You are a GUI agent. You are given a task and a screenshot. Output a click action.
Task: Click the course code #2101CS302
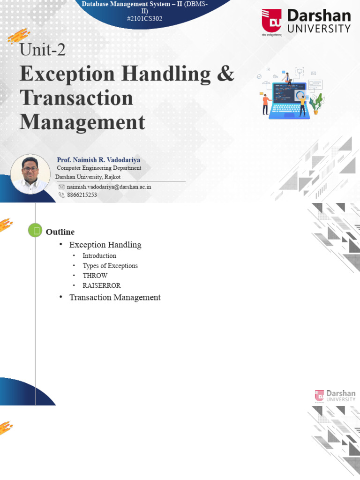coord(144,18)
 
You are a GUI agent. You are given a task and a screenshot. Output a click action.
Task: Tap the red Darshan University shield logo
coord(271,21)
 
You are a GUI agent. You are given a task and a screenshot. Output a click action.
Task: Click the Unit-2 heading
coord(43,49)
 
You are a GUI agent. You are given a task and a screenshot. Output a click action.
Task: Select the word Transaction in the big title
coord(76,97)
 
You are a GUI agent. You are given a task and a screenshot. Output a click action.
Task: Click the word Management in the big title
coord(82,122)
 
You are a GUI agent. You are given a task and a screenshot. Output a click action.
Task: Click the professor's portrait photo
coord(30,174)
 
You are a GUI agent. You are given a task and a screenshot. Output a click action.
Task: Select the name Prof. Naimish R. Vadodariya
coord(98,160)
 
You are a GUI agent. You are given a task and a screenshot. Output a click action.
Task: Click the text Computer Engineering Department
coord(99,168)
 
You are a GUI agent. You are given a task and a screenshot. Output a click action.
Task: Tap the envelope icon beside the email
coord(61,187)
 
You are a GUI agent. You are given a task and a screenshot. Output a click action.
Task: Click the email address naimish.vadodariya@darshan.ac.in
coord(109,187)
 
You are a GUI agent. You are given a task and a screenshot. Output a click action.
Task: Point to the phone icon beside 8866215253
coord(61,195)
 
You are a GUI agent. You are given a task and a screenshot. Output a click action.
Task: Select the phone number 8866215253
coord(82,195)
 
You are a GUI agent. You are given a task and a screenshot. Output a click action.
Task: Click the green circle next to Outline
coord(35,230)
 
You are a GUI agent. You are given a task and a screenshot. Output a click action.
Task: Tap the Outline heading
coord(60,232)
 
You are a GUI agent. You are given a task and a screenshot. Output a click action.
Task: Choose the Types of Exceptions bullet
coord(110,266)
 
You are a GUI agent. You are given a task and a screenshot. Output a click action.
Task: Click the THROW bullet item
coord(95,276)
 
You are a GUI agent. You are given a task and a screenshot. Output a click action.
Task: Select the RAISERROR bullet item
coord(102,285)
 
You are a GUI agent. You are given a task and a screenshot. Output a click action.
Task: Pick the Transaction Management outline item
coord(115,297)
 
